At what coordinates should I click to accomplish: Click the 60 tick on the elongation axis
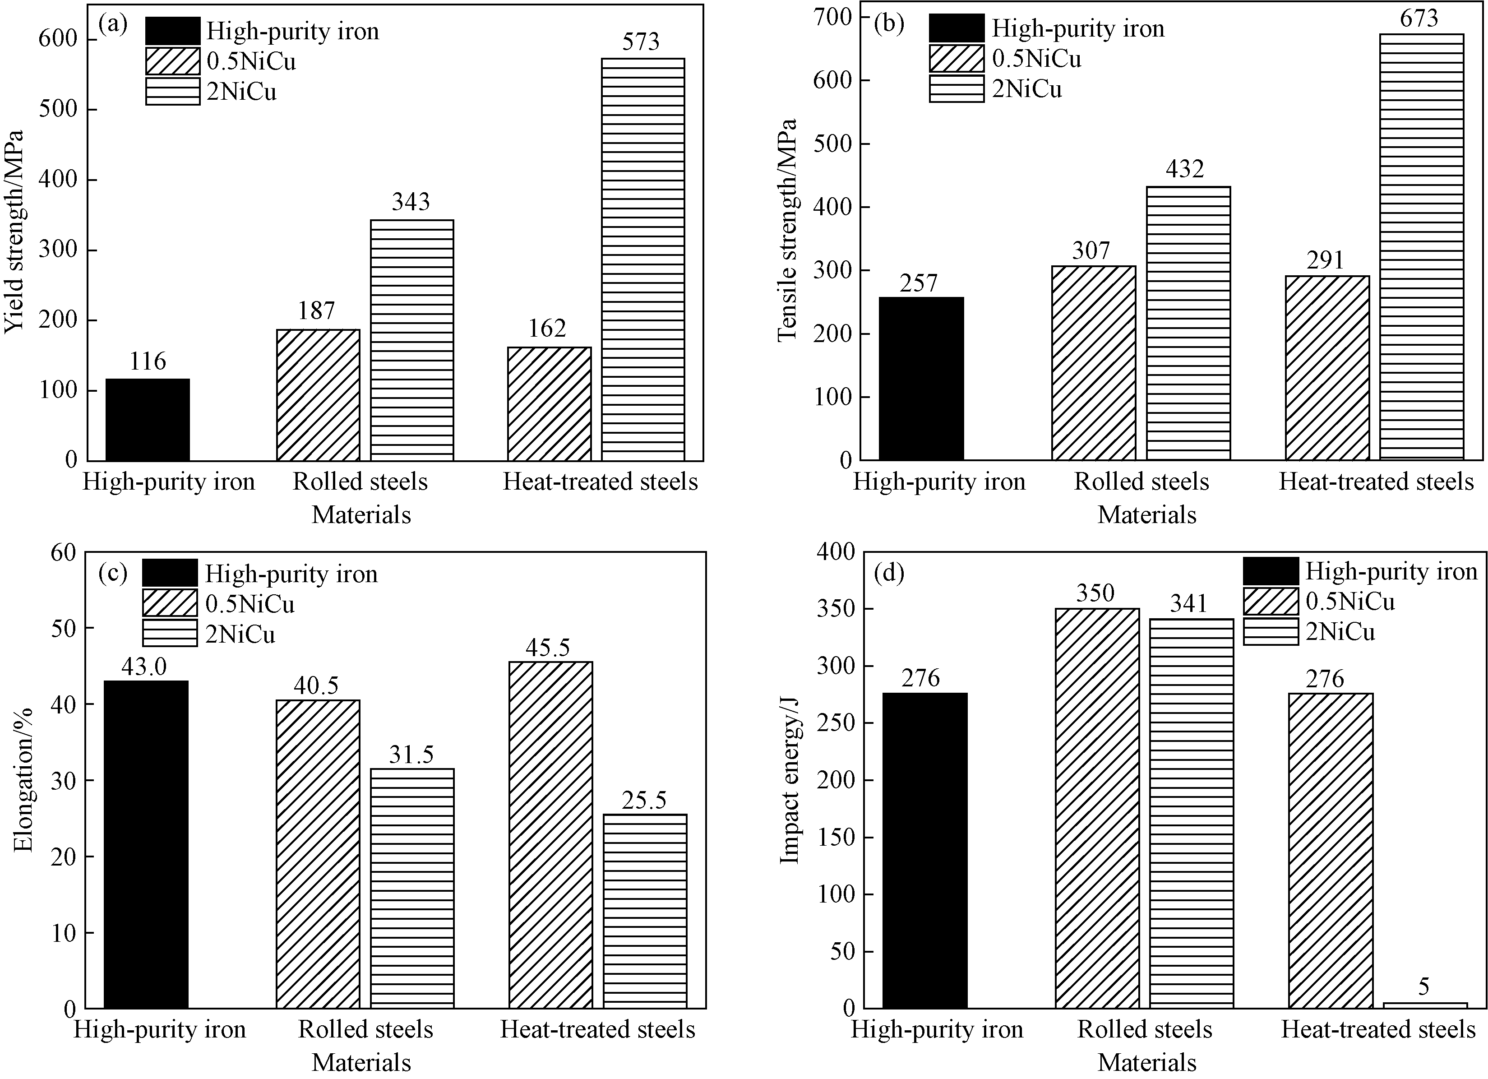click(63, 553)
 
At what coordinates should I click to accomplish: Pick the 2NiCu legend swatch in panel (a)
click(172, 91)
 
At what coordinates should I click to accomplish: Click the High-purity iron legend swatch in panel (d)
click(1270, 571)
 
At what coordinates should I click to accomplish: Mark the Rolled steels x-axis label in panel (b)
click(1141, 482)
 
